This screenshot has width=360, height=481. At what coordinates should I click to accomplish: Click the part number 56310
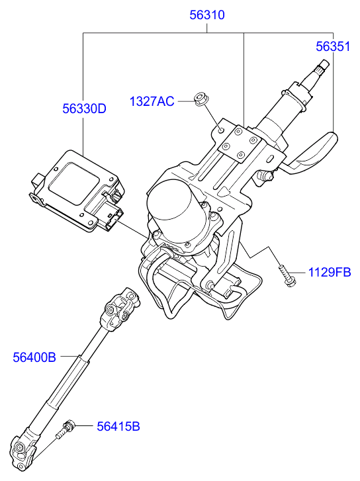[x=207, y=14]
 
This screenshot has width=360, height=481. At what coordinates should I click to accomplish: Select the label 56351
[x=333, y=46]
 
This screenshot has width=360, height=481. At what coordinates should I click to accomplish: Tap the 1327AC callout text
[x=152, y=101]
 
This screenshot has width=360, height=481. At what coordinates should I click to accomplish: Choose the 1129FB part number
[x=328, y=272]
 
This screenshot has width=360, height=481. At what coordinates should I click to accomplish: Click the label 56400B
[x=34, y=357]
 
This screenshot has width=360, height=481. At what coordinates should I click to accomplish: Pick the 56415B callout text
[x=118, y=426]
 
